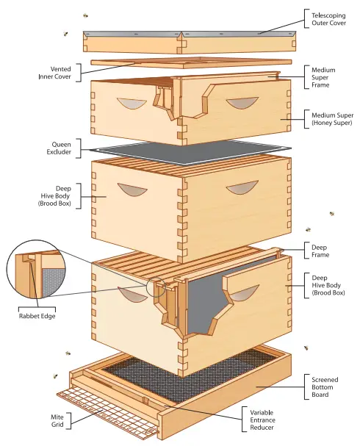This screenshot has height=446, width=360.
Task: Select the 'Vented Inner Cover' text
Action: pyautogui.click(x=55, y=73)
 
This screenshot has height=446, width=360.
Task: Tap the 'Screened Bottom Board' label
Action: pyautogui.click(x=325, y=386)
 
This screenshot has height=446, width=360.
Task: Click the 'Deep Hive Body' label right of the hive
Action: pyautogui.click(x=328, y=285)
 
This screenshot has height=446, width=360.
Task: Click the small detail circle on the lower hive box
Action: pyautogui.click(x=156, y=286)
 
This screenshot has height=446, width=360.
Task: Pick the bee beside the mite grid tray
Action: pyautogui.click(x=55, y=375)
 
